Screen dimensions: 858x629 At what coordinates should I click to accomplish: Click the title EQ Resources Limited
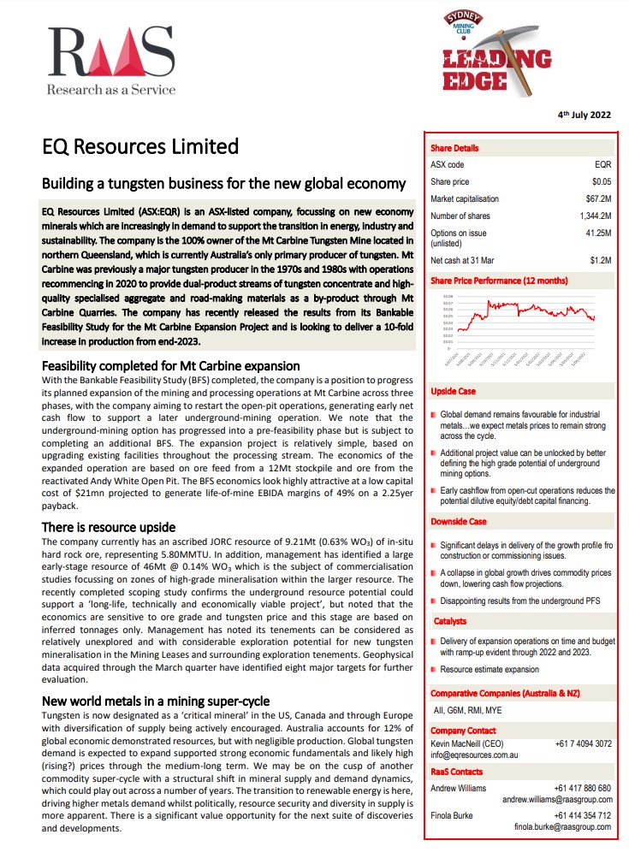point(140,146)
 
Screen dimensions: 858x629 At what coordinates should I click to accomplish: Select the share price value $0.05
point(602,181)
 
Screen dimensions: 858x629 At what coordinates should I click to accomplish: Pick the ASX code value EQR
point(602,164)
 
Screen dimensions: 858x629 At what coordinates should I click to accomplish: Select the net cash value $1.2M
point(601,260)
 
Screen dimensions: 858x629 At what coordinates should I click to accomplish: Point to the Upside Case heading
point(454,391)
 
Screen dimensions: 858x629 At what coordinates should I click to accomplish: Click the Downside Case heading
point(459,521)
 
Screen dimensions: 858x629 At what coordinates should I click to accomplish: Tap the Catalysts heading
point(450,621)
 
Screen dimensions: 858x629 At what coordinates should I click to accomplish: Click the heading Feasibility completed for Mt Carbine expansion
point(171,366)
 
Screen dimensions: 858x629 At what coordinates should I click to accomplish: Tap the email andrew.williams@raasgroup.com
point(556,799)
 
